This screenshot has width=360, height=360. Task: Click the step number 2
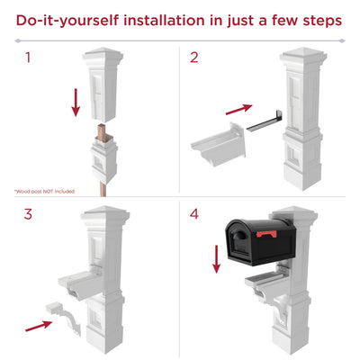coord(194,59)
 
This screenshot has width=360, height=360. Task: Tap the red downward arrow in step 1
coord(75,100)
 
